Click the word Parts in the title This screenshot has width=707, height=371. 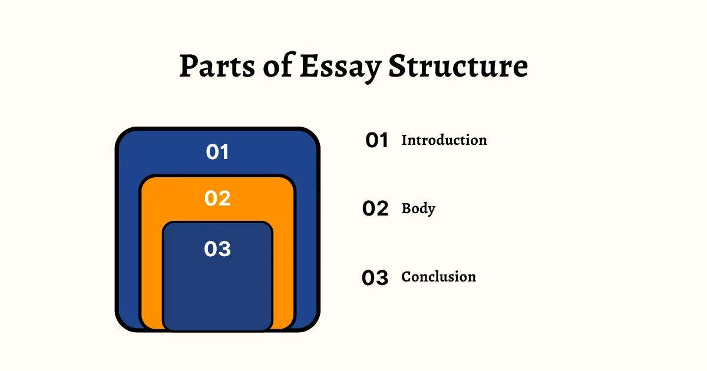[216, 67]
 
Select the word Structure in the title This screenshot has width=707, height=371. [458, 67]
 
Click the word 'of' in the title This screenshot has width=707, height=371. [278, 67]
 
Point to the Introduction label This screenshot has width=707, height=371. [444, 140]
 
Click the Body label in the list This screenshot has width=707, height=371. [418, 208]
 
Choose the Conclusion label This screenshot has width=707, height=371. [438, 277]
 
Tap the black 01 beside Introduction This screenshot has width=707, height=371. [376, 141]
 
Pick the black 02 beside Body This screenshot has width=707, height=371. [376, 209]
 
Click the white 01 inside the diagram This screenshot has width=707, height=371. [217, 153]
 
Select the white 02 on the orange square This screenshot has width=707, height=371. [217, 198]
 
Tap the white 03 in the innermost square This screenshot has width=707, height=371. [217, 249]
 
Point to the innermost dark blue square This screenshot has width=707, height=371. [217, 294]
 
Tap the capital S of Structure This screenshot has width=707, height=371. [398, 67]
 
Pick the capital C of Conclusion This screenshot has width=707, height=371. [407, 277]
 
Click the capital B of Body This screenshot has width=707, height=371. [407, 208]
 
